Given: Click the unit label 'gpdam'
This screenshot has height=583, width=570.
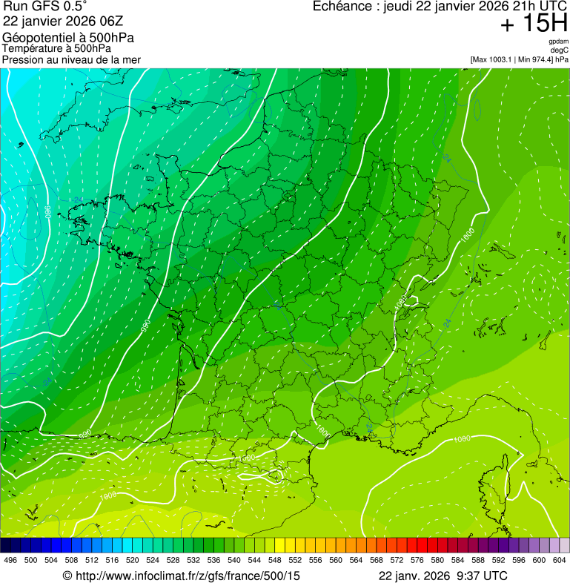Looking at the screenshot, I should (x=559, y=42).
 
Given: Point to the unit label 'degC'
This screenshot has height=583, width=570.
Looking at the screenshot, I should (x=560, y=50).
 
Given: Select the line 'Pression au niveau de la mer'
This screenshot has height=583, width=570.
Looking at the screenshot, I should (x=71, y=59).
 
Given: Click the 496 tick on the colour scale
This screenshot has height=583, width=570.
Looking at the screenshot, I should (x=10, y=560).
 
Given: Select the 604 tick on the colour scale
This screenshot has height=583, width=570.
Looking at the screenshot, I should (x=560, y=560).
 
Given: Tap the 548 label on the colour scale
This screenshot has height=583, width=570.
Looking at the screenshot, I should (x=275, y=560).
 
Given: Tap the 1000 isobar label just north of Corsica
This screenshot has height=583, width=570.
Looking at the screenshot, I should (x=462, y=438).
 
